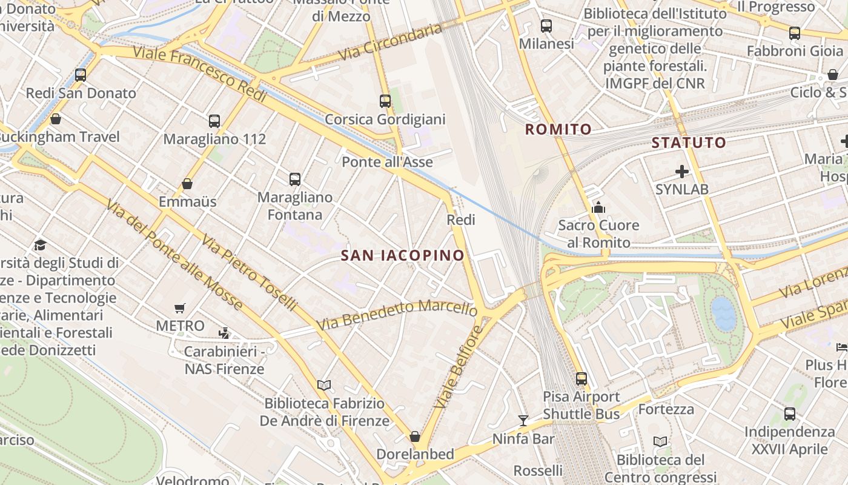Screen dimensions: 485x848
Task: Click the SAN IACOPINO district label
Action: pos(402,256)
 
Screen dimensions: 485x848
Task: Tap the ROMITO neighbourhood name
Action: pos(558,129)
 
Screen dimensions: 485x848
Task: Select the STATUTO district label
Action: pos(689,143)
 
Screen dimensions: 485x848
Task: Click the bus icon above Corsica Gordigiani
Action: pos(385,101)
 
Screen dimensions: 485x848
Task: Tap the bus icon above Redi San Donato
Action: pos(81,75)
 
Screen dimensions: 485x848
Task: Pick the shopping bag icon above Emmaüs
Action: pos(187,184)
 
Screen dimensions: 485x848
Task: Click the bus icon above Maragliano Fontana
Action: pos(295,179)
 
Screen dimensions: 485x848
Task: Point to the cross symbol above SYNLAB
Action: pos(682,172)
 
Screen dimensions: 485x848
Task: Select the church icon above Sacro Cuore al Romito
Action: pos(598,207)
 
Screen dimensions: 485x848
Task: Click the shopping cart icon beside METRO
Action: pos(179,308)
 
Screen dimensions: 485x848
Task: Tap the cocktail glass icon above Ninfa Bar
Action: pos(523,420)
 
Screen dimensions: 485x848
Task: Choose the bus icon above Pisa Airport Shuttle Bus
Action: pos(581,379)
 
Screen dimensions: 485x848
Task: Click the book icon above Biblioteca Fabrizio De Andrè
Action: pos(324,385)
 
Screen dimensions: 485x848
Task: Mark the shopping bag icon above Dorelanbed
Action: pos(415,436)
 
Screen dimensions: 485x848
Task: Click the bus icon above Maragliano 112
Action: pos(214,121)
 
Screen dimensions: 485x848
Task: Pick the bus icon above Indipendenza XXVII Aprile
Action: pos(790,414)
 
